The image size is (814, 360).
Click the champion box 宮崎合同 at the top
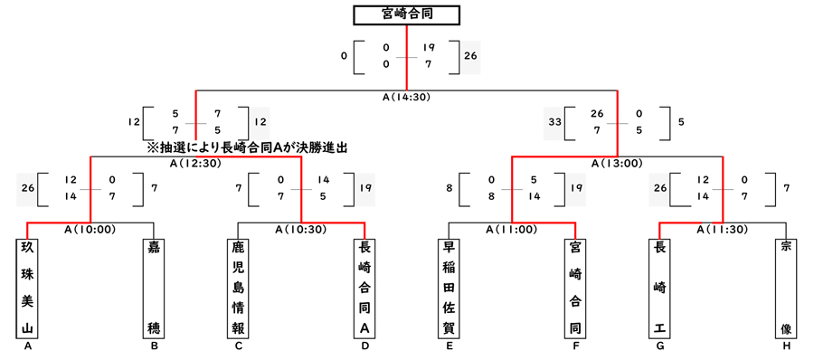[x=406, y=14]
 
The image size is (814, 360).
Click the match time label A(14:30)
[x=407, y=96]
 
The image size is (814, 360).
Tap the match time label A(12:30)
[x=196, y=164]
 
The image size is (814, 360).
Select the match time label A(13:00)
[x=617, y=164]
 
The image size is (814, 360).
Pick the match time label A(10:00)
[x=90, y=230]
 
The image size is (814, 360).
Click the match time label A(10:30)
[x=301, y=230]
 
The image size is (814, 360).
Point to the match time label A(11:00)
[x=511, y=230]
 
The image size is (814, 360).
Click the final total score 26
[x=470, y=56]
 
